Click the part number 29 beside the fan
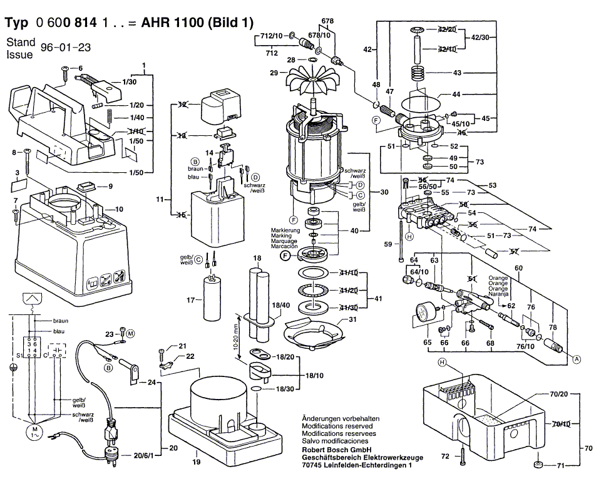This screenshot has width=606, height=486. coord(274,73)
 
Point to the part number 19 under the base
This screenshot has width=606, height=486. coord(196,463)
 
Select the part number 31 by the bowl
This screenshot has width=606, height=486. coord(352,319)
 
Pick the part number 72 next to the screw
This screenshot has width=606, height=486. coord(445,457)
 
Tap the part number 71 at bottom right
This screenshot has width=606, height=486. coord(561,466)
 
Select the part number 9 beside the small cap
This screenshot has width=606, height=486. coord(110,186)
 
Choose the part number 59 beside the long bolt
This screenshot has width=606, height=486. coord(388,244)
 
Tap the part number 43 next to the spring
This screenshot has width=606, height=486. coord(457,73)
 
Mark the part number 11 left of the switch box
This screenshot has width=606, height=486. coord(160,199)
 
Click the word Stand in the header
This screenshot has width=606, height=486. coord(21,43)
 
